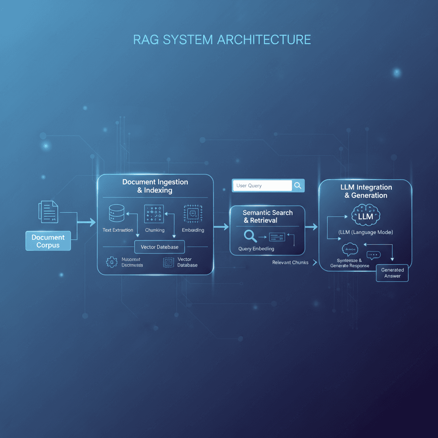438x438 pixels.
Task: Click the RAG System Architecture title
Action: [x=222, y=40]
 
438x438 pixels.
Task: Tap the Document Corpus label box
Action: [x=48, y=241]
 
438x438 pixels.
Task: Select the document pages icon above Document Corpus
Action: [x=48, y=211]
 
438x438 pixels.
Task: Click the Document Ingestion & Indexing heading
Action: [x=155, y=186]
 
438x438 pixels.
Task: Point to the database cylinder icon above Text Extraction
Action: [x=116, y=213]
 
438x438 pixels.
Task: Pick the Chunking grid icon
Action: [x=154, y=213]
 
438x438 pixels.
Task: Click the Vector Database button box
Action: [x=160, y=247]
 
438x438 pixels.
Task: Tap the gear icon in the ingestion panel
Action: [x=112, y=262]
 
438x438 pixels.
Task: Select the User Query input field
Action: [x=262, y=186]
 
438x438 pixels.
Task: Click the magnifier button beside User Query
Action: [x=298, y=186]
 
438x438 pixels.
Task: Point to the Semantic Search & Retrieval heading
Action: [x=267, y=216]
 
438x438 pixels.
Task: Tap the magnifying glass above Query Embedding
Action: [x=250, y=236]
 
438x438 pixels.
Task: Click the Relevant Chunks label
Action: [x=290, y=263]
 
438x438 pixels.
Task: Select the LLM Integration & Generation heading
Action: [x=366, y=191]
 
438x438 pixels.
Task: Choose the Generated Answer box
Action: [x=392, y=273]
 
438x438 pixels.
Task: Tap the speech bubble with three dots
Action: [x=373, y=255]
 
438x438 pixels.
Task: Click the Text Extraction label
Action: [x=118, y=230]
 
